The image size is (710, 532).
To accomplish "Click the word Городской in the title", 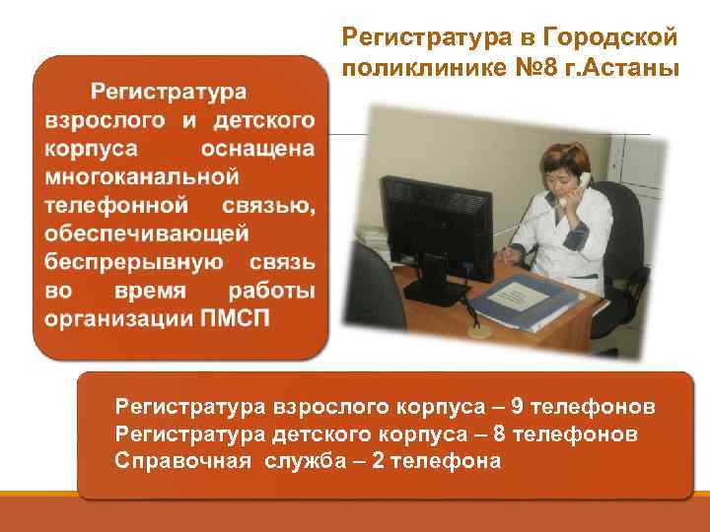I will tap(619, 36).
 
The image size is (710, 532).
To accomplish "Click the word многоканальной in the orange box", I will tap(142, 177).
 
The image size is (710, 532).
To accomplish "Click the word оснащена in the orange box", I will tap(257, 149).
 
